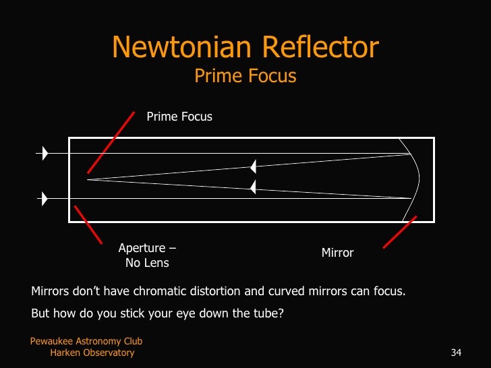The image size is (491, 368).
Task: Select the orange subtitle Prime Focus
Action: (x=246, y=76)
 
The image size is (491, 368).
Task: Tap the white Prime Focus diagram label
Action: (x=179, y=117)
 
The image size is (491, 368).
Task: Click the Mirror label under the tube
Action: (x=337, y=253)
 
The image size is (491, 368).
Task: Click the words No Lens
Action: (x=147, y=263)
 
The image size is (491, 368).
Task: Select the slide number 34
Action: (x=455, y=352)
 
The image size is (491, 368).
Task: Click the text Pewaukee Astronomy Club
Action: (x=86, y=342)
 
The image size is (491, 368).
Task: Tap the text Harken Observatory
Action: (x=92, y=352)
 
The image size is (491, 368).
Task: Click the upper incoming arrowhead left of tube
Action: (x=45, y=154)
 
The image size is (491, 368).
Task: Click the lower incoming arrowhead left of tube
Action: (x=45, y=199)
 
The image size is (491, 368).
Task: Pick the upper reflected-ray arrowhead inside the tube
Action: (x=253, y=166)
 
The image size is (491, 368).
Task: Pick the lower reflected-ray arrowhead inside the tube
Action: (x=253, y=187)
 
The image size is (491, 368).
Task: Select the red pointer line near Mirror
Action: (x=400, y=232)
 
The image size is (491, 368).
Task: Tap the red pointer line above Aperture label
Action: (x=88, y=224)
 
